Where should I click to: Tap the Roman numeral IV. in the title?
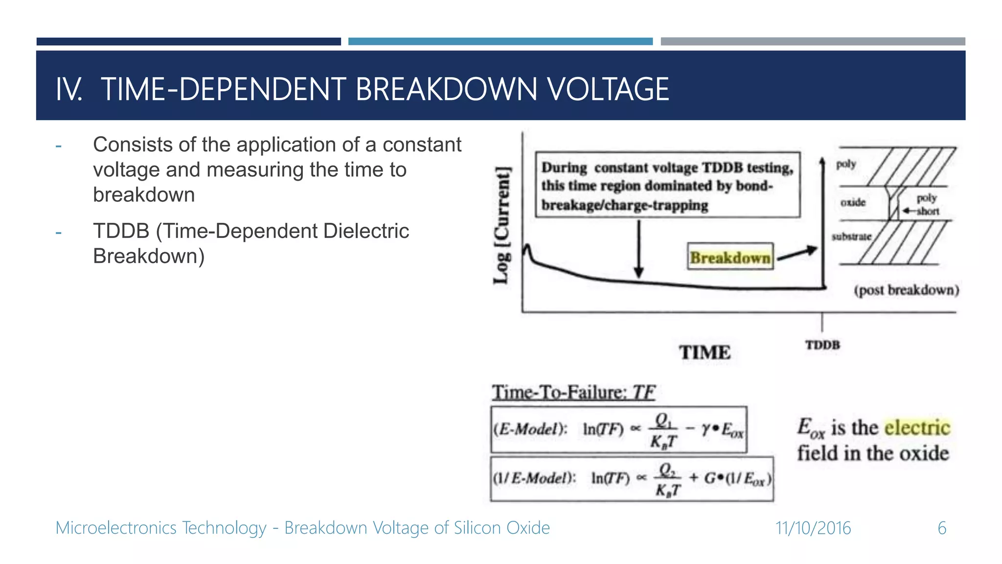click(x=69, y=90)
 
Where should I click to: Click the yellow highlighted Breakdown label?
click(x=730, y=258)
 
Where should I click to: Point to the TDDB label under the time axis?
click(x=822, y=345)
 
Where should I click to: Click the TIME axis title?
click(x=705, y=352)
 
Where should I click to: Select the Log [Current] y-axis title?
click(x=501, y=225)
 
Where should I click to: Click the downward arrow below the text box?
click(x=638, y=250)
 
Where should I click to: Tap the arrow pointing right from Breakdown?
click(x=797, y=254)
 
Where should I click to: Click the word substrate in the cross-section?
click(x=851, y=236)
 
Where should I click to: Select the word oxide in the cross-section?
click(x=853, y=202)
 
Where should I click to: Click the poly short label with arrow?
click(x=926, y=205)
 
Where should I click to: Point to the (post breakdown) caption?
click(x=906, y=290)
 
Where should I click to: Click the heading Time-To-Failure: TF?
click(x=573, y=392)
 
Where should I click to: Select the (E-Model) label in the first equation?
click(x=530, y=429)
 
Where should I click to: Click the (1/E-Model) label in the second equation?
click(x=534, y=478)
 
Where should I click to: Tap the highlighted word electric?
click(x=917, y=427)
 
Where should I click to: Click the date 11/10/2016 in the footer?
click(x=813, y=528)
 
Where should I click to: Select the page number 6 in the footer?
click(x=942, y=528)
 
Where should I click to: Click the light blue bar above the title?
click(x=500, y=42)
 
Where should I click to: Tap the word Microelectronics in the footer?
click(x=116, y=528)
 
